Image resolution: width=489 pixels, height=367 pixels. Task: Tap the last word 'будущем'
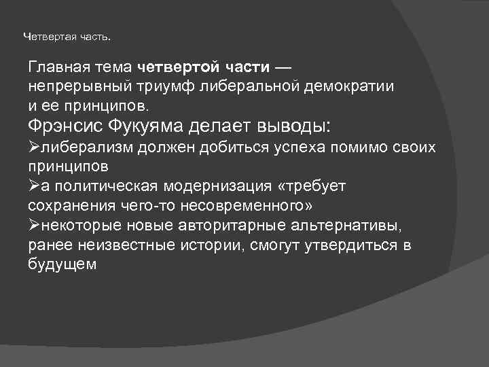pyautogui.click(x=62, y=264)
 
